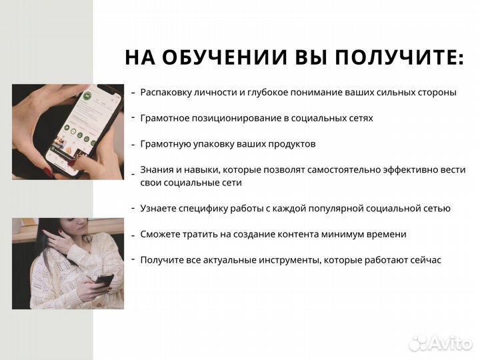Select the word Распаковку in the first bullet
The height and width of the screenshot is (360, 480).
(167, 93)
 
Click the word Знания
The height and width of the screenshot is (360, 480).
(155, 169)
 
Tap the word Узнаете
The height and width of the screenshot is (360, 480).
(159, 208)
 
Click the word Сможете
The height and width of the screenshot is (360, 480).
(161, 234)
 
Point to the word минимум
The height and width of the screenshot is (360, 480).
(347, 234)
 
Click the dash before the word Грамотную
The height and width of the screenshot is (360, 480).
(133, 144)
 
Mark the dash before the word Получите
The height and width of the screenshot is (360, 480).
(133, 259)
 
